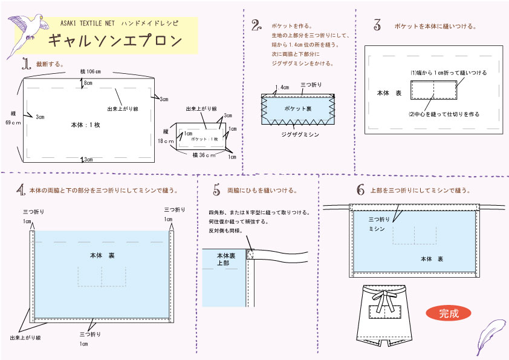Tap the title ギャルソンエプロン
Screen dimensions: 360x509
(114, 41)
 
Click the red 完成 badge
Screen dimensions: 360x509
(448, 313)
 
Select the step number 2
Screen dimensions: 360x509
(256, 25)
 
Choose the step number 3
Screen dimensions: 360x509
(377, 25)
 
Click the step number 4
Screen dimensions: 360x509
(21, 191)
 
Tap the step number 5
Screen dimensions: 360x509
(216, 191)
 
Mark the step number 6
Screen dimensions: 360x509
(360, 191)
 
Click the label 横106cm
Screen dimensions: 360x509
(90, 71)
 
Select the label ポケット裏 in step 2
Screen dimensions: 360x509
(297, 108)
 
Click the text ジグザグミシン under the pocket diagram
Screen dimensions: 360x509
(300, 134)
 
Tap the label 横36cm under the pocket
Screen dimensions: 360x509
(204, 155)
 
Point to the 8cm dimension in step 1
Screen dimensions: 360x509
(88, 82)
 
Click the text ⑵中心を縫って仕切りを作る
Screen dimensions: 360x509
(444, 113)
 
